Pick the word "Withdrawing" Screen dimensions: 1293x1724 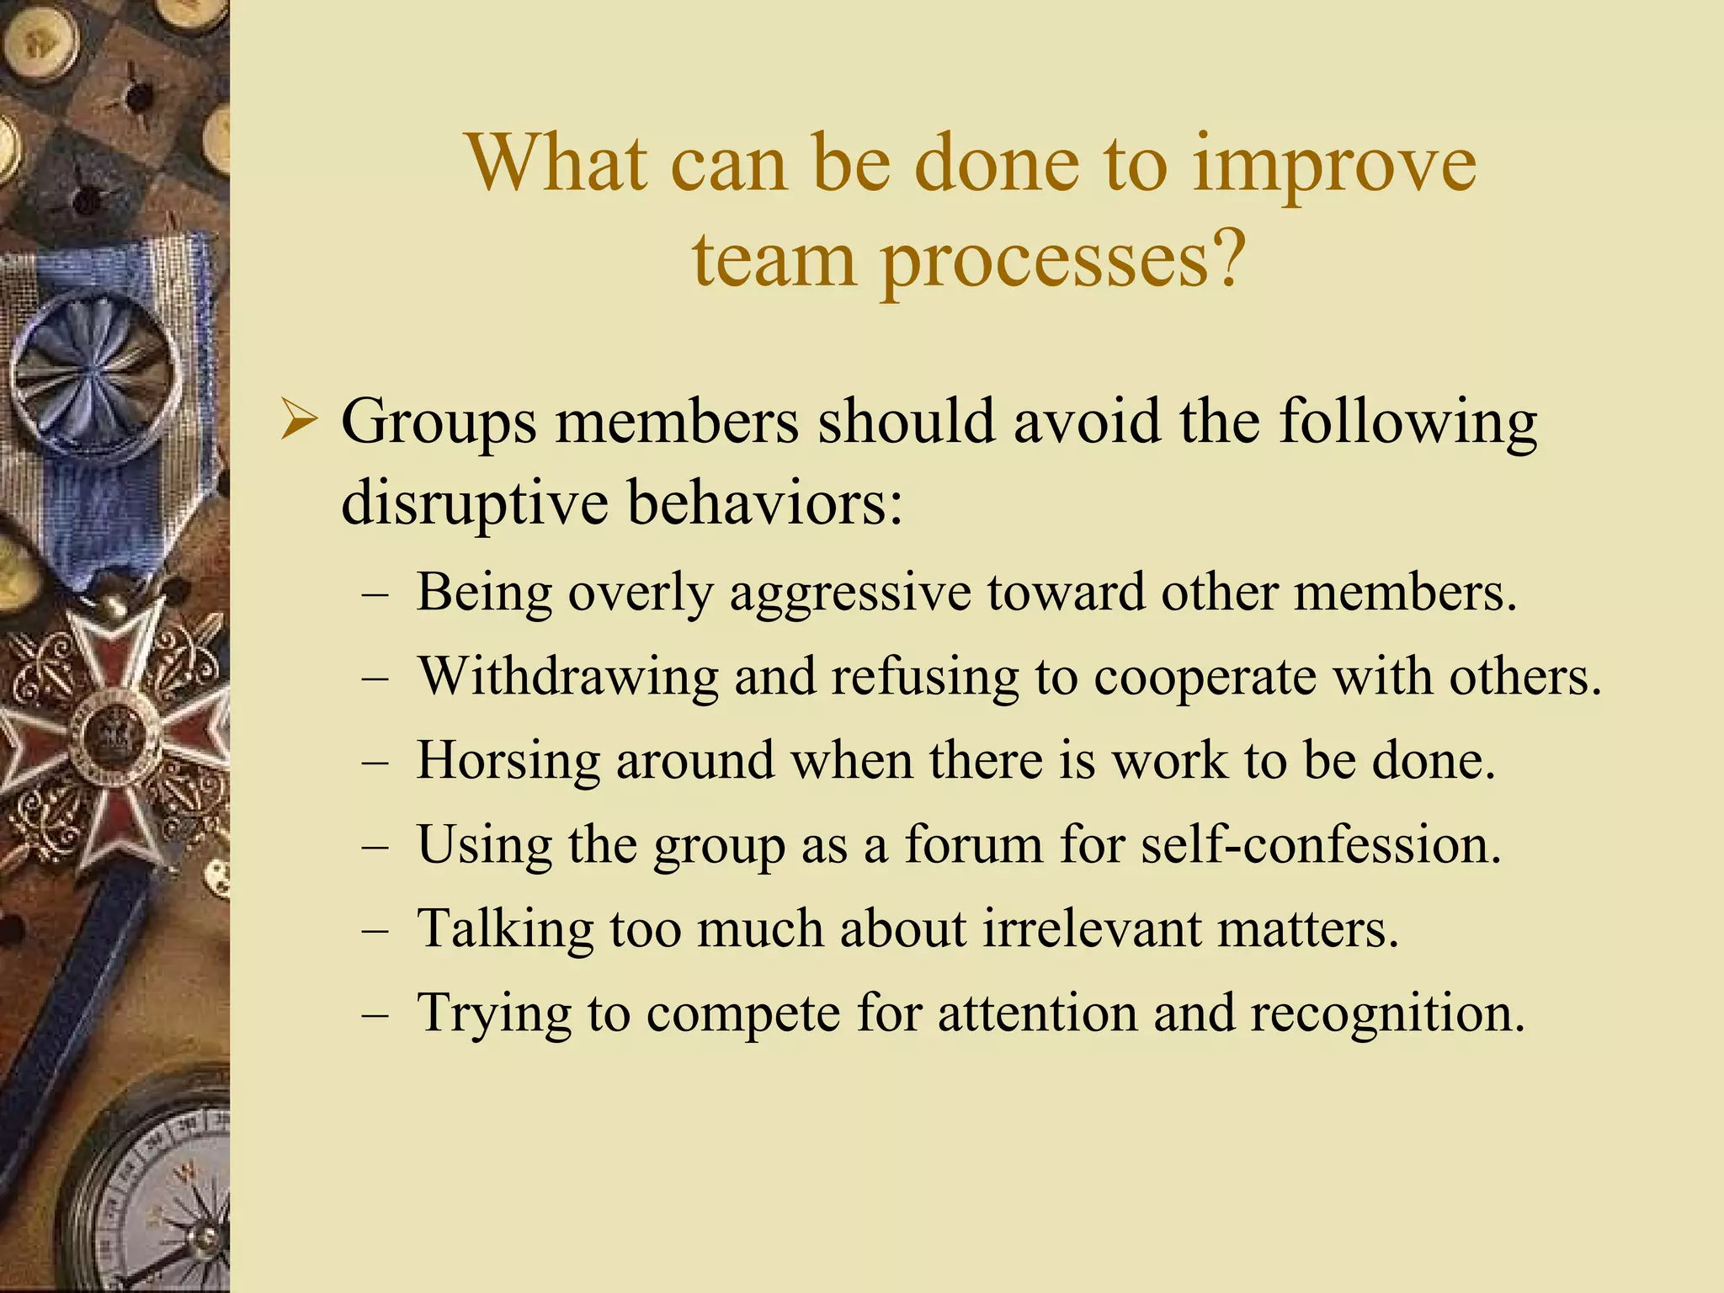tap(568, 677)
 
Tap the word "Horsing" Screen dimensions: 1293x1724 tap(508, 761)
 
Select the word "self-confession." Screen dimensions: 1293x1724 tap(1321, 845)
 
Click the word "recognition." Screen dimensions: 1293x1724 tap(1387, 1014)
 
